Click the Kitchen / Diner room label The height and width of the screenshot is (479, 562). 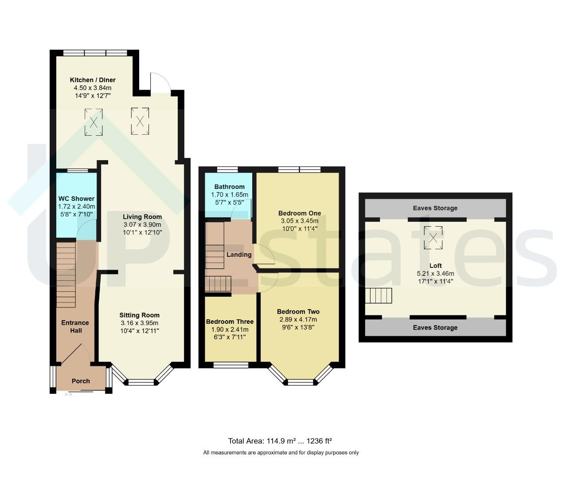pyautogui.click(x=93, y=80)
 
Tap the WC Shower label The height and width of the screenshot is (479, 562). pyautogui.click(x=76, y=199)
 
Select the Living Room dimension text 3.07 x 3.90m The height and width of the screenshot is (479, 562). pyautogui.click(x=142, y=225)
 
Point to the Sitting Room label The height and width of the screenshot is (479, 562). pyautogui.click(x=140, y=315)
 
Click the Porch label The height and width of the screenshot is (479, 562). pyautogui.click(x=81, y=381)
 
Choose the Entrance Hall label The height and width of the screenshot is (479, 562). pyautogui.click(x=75, y=326)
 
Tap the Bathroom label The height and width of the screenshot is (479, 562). pyautogui.click(x=230, y=187)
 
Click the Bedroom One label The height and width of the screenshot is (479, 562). pyautogui.click(x=300, y=213)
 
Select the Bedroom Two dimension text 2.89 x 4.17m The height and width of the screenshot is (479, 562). pyautogui.click(x=298, y=319)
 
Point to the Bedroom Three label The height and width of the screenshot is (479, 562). pyautogui.click(x=230, y=322)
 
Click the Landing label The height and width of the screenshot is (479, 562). pyautogui.click(x=239, y=255)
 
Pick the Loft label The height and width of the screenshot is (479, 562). pyautogui.click(x=436, y=266)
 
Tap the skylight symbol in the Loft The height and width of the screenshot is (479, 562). pyautogui.click(x=433, y=238)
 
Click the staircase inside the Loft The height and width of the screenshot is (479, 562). pyautogui.click(x=379, y=295)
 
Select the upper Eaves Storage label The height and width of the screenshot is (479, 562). pyautogui.click(x=435, y=208)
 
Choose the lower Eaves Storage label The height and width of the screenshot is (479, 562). pyautogui.click(x=435, y=328)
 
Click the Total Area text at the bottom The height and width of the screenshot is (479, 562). pyautogui.click(x=280, y=441)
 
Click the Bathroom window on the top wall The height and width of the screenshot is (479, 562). pyautogui.click(x=227, y=170)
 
